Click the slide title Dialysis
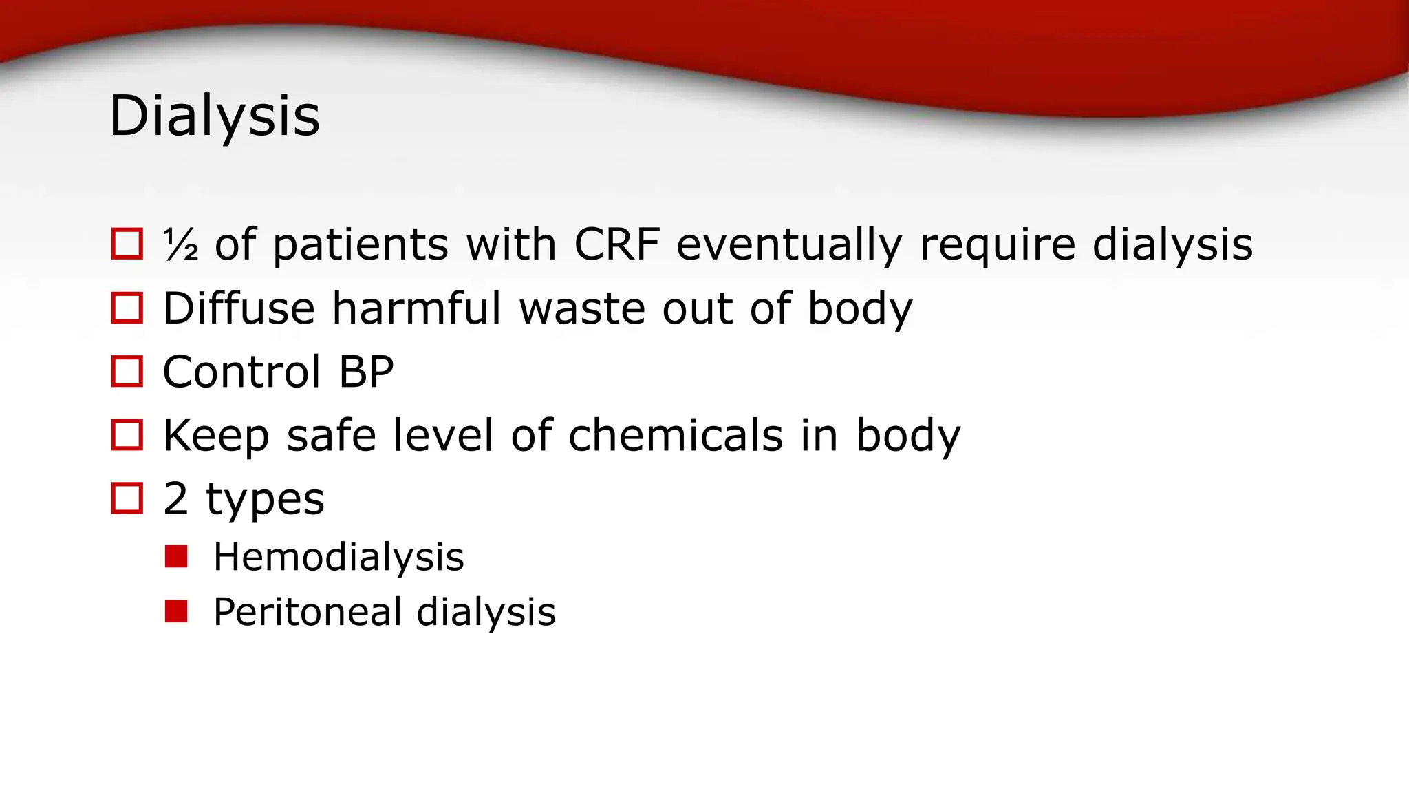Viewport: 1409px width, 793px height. click(x=214, y=116)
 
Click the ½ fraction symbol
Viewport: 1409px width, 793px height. click(x=181, y=245)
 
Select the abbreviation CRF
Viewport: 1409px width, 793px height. click(x=616, y=244)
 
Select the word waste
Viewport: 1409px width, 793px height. click(x=582, y=309)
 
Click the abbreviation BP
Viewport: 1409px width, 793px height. click(x=366, y=372)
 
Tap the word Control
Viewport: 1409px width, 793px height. click(x=241, y=372)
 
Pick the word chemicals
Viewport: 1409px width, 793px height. click(x=676, y=436)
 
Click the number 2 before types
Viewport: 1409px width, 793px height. click(x=175, y=499)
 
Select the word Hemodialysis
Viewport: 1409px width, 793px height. click(x=338, y=557)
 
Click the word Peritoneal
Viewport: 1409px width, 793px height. click(x=308, y=612)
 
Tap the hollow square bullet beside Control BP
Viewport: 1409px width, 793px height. click(x=127, y=372)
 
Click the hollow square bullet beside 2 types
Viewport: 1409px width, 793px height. click(x=127, y=498)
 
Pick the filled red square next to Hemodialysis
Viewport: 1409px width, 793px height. click(x=176, y=556)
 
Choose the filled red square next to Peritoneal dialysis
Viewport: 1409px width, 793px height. click(x=176, y=611)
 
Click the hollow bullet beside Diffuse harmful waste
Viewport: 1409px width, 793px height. click(x=127, y=308)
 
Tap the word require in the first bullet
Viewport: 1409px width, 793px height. click(x=998, y=246)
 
